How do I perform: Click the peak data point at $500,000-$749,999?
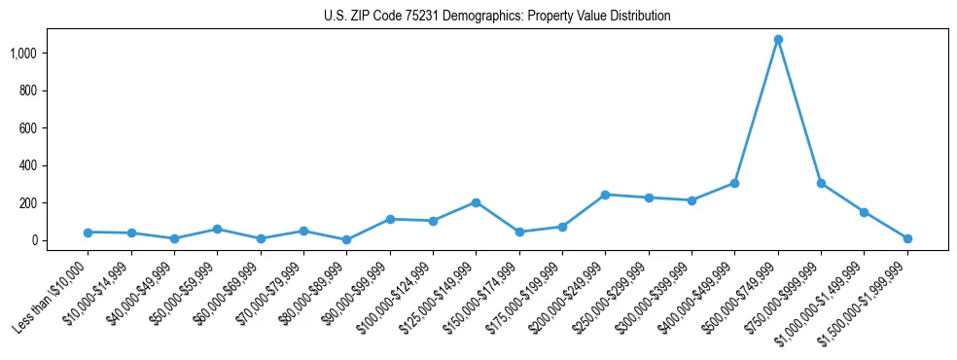pyautogui.click(x=778, y=40)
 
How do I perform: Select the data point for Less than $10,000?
pyautogui.click(x=88, y=233)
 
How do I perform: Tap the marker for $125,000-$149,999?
pyautogui.click(x=476, y=202)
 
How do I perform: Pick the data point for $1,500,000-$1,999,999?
pyautogui.click(x=907, y=238)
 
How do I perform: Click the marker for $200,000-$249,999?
pyautogui.click(x=605, y=195)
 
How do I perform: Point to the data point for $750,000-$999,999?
pyautogui.click(x=821, y=183)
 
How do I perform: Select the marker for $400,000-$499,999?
pyautogui.click(x=734, y=183)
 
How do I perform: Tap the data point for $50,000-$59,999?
pyautogui.click(x=217, y=229)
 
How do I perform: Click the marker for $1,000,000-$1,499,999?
pyautogui.click(x=864, y=212)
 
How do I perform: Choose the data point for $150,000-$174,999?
pyautogui.click(x=519, y=232)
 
